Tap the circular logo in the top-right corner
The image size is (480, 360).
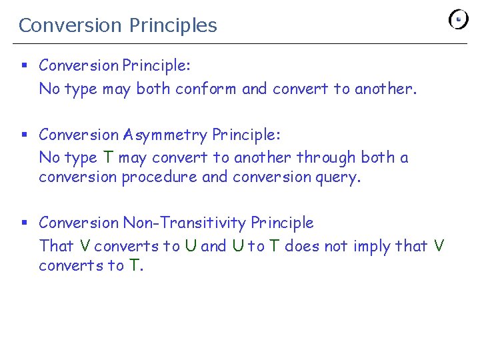459,19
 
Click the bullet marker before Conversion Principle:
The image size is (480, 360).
23,65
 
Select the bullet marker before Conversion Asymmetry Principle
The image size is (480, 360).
23,135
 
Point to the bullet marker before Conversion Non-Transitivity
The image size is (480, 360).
23,223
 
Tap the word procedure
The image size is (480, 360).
159,177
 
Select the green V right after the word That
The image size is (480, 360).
84,246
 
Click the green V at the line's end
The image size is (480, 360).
438,246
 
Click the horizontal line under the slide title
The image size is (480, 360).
240,44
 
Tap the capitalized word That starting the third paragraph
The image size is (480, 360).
56,246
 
